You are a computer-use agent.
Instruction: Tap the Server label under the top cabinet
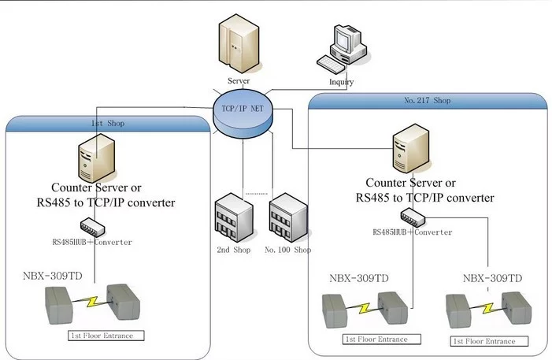[x=239, y=80]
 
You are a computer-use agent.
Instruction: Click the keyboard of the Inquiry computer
[x=331, y=64]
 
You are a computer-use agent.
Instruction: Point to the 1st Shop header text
[x=108, y=124]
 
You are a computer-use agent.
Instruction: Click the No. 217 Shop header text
[x=427, y=100]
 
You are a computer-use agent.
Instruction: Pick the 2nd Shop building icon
[x=234, y=217]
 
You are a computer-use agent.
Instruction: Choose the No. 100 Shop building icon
[x=288, y=217]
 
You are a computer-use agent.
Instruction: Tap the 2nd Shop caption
[x=234, y=250]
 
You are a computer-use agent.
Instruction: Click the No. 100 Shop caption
[x=287, y=250]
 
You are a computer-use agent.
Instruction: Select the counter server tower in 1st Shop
[x=96, y=158]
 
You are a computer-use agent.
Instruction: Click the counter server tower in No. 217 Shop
[x=411, y=148]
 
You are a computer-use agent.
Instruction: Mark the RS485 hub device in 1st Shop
[x=93, y=227]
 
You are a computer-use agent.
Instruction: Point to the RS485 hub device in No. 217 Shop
[x=413, y=217]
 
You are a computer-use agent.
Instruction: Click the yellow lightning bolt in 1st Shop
[x=92, y=302]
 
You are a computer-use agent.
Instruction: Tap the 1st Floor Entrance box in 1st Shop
[x=106, y=336]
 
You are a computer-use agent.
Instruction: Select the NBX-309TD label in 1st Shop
[x=53, y=276]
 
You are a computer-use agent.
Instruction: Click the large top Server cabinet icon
[x=239, y=43]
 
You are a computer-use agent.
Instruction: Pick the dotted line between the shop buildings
[x=256, y=194]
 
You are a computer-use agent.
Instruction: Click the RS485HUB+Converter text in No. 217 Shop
[x=413, y=232]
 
